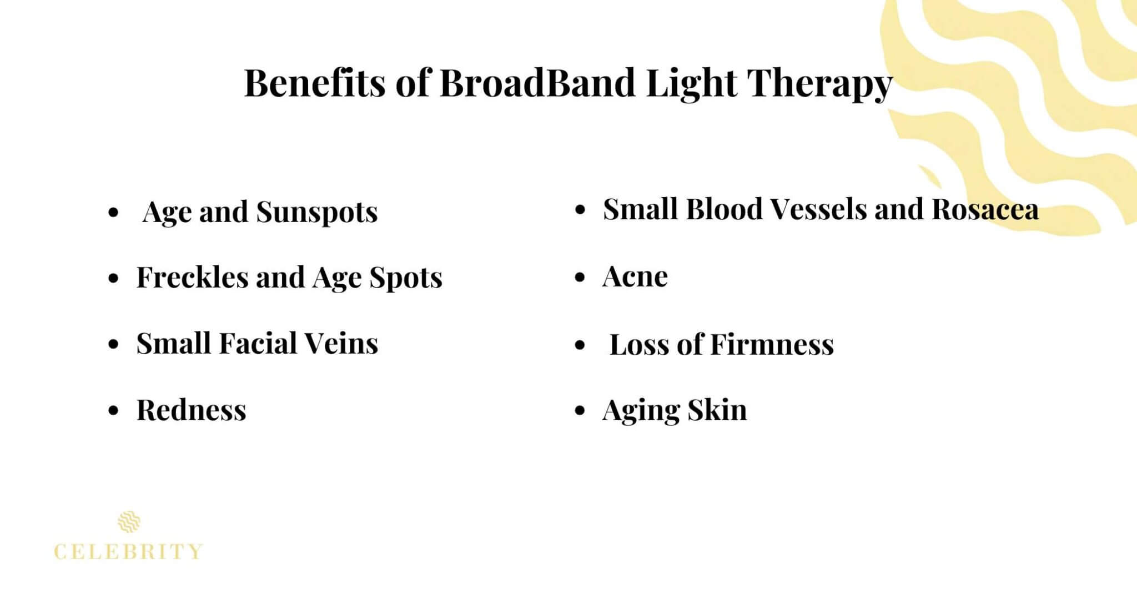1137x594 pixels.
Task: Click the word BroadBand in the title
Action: tap(537, 83)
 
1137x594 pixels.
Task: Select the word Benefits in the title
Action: tap(315, 83)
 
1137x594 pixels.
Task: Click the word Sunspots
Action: tap(317, 212)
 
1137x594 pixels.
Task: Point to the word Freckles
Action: tap(192, 277)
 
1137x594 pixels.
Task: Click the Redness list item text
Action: tap(191, 410)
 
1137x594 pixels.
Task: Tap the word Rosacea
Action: tap(985, 209)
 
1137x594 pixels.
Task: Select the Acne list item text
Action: tap(635, 276)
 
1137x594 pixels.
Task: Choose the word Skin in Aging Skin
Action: tap(717, 410)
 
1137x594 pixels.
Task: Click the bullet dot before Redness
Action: tap(114, 411)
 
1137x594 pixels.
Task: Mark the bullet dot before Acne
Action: tap(580, 277)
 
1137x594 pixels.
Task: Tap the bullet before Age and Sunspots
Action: tap(114, 213)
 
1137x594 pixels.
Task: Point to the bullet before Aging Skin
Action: tap(580, 411)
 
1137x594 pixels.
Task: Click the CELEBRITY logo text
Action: tap(128, 552)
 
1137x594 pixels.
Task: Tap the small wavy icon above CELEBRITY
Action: tap(129, 522)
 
